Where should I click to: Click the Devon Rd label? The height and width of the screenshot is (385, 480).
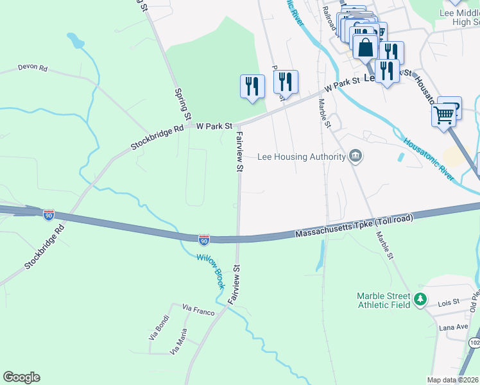(33, 67)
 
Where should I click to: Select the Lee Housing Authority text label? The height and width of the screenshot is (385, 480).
(301, 156)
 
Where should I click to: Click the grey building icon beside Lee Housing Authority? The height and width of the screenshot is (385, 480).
(356, 156)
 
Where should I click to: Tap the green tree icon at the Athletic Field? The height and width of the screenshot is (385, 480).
(420, 298)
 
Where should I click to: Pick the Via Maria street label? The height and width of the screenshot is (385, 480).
(179, 342)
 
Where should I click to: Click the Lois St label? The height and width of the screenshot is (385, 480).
(449, 302)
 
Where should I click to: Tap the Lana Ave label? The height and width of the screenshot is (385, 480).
(454, 327)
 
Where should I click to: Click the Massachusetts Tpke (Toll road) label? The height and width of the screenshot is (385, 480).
(354, 226)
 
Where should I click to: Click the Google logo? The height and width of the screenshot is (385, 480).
(21, 377)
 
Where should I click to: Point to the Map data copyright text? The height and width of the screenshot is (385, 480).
(453, 380)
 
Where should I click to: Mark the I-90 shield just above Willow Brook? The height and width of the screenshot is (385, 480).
(203, 239)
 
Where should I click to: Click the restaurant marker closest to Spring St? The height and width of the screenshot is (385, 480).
(252, 85)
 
